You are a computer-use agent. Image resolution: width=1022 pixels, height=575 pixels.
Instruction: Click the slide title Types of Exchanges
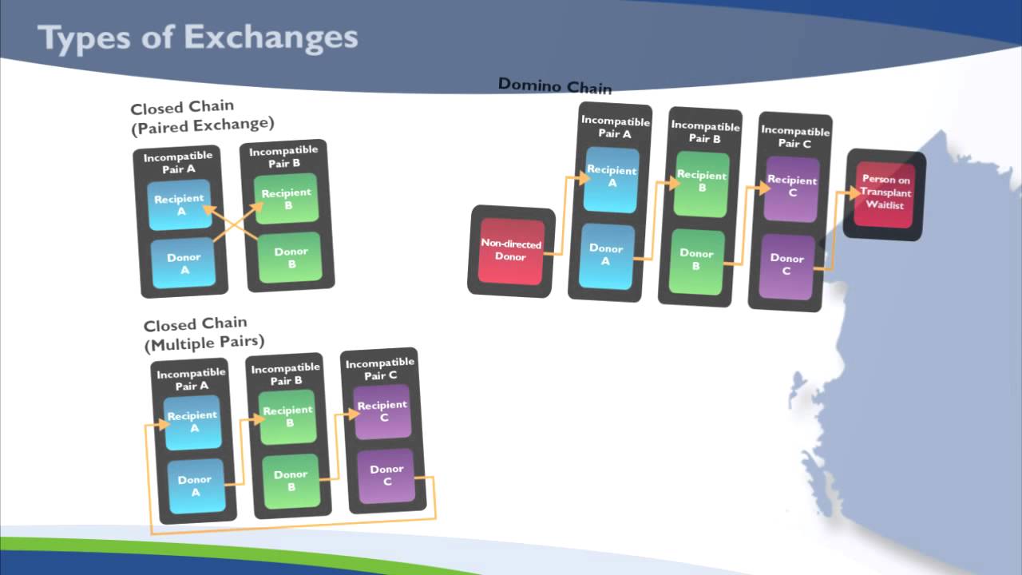tap(197, 38)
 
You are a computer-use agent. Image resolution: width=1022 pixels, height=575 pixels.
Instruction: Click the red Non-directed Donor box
tap(511, 250)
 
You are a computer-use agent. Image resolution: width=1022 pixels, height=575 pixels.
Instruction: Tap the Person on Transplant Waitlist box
tap(885, 192)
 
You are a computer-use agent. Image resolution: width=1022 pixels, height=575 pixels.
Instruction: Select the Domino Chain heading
tap(554, 85)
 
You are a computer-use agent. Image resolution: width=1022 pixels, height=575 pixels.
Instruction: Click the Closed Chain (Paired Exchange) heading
tap(202, 116)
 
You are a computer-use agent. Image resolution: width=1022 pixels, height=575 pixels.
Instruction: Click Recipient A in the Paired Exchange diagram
tap(180, 204)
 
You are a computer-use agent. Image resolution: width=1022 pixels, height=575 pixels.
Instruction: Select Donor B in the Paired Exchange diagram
tap(291, 258)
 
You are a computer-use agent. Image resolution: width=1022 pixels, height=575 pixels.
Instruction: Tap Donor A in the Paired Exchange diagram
tap(184, 263)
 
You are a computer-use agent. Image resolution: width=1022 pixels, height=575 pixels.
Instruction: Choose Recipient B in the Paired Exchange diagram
tap(287, 199)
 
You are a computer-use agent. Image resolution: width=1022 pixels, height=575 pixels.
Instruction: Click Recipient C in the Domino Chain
tap(791, 187)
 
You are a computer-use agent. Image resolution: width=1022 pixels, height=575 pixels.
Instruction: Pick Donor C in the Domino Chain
tap(786, 264)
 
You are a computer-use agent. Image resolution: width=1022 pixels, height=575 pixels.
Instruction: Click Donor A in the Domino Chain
tap(606, 254)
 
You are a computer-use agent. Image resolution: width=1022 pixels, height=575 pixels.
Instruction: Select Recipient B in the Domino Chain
tap(702, 182)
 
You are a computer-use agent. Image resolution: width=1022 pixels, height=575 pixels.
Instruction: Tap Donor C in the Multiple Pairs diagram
tap(387, 475)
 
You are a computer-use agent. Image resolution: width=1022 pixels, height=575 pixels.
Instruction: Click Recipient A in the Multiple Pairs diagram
tap(192, 422)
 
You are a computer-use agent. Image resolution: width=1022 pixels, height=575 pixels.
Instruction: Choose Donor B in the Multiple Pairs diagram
tap(291, 480)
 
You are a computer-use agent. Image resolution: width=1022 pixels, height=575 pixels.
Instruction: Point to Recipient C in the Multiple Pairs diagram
tap(382, 411)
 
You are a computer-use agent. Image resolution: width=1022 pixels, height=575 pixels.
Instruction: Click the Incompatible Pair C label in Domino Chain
tap(794, 137)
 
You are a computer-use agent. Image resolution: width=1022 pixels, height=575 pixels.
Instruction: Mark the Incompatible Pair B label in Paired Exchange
tap(283, 157)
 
